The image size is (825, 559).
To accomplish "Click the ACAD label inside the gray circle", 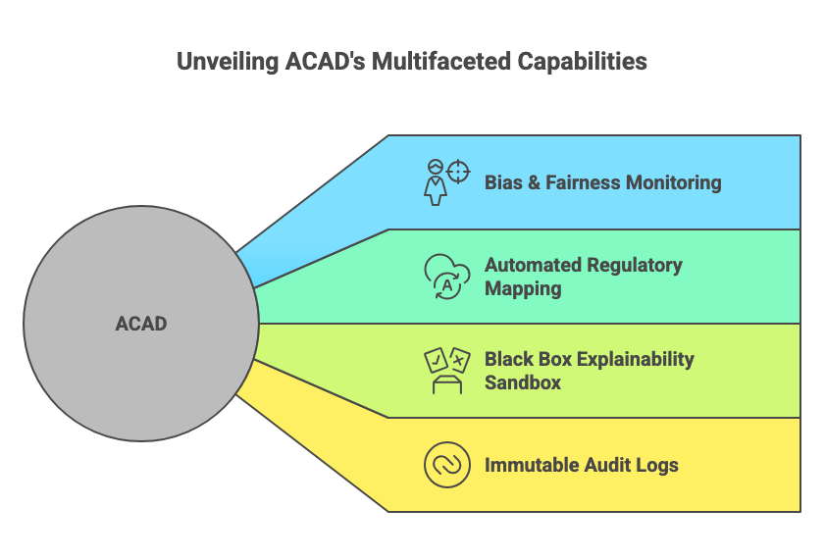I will coord(141,324).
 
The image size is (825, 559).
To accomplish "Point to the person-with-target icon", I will coord(446,181).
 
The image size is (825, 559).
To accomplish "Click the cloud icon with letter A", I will coord(446,276).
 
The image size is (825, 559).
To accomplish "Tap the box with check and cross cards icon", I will coord(446,370).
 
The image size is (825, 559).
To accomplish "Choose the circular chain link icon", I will coord(446,464).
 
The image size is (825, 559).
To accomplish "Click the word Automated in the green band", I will coord(533,266).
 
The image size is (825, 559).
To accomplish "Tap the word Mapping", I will coord(523,289).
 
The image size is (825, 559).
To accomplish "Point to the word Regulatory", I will coord(634,266).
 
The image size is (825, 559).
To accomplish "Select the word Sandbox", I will coord(523,382).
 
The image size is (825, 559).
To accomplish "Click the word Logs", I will coord(658,465).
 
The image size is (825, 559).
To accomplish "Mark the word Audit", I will coord(608,465).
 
